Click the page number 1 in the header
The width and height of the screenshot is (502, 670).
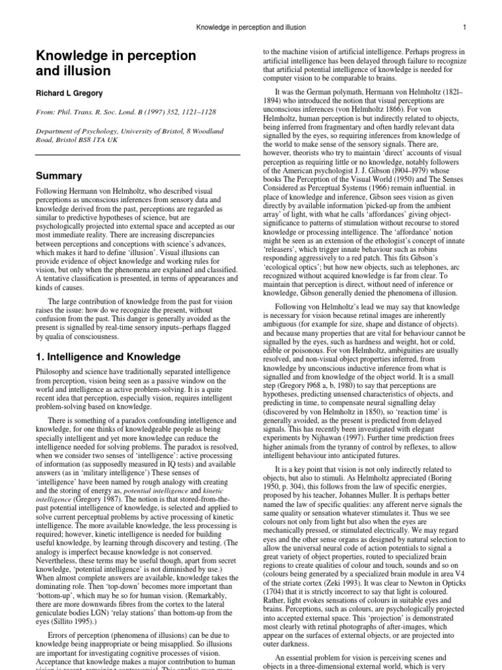[x=464, y=27]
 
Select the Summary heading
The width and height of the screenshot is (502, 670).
[x=59, y=176]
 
